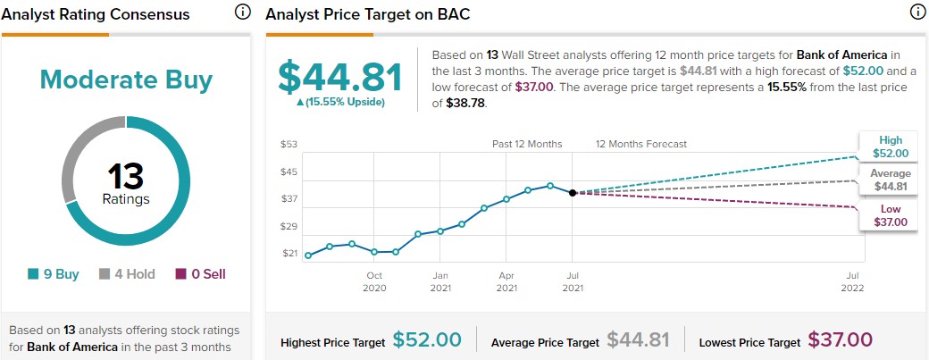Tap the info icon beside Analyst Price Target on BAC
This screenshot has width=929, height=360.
coord(916,13)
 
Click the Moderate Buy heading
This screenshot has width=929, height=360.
coord(126,80)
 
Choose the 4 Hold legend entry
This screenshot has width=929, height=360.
coord(127,274)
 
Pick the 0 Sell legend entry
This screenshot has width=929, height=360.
coord(200,274)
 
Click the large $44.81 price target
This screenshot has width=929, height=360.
coord(340,78)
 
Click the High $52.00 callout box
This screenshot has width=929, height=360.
coord(890,147)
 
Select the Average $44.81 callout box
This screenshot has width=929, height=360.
coord(890,180)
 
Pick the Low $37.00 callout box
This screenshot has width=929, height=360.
coord(890,214)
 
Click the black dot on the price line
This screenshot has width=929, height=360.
coord(573,192)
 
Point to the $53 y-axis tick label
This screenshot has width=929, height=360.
coord(289,144)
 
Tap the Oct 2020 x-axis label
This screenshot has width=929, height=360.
coord(374,281)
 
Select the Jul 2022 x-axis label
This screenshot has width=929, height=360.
coord(854,281)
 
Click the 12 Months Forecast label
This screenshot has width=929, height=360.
coord(641,144)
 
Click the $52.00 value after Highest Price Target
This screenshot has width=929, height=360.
coord(427,339)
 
